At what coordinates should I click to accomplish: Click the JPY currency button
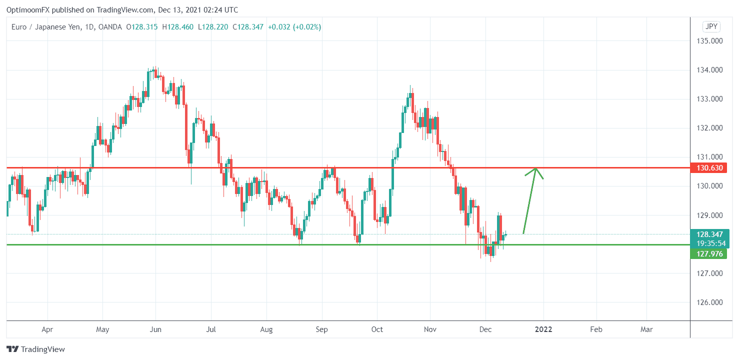[x=711, y=26]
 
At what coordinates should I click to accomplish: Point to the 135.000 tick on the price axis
[x=710, y=41]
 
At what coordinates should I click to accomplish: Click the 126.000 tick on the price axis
[x=710, y=302]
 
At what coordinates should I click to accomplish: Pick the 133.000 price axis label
[x=710, y=99]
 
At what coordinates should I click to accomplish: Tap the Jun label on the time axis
[x=155, y=329]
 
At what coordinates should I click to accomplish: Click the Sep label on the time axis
[x=321, y=329]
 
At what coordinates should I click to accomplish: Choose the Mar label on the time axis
[x=646, y=329]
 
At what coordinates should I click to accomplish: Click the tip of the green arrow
[x=536, y=168]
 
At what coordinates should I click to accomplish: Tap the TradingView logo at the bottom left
[x=35, y=349]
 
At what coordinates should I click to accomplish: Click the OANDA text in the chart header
[x=110, y=27]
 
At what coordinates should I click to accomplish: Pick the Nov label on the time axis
[x=430, y=329]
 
